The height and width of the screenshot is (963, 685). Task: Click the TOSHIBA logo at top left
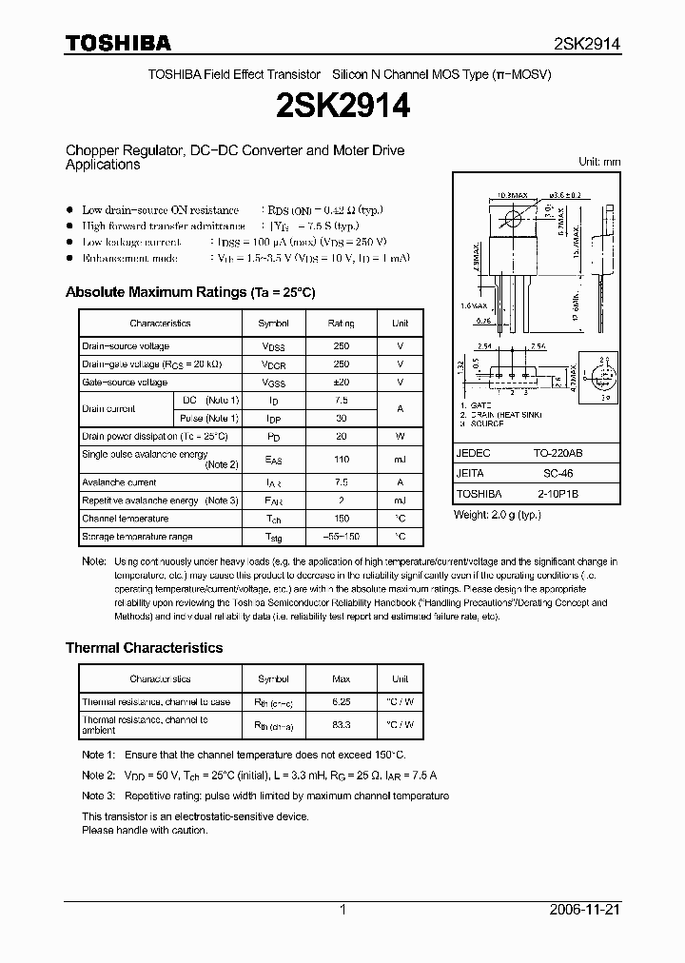pos(118,43)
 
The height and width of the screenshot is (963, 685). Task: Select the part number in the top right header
pos(587,44)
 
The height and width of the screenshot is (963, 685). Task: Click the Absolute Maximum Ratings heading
pos(189,292)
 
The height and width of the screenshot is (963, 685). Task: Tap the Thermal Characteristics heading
pos(144,647)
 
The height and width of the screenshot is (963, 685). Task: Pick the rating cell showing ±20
pos(342,383)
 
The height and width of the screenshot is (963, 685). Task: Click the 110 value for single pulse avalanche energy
pos(342,460)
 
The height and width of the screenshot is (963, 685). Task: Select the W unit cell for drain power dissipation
pos(401,436)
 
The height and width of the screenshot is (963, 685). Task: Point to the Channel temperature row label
pos(125,519)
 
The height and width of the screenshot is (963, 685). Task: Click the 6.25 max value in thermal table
pos(342,702)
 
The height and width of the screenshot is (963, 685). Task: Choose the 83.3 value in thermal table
pos(342,724)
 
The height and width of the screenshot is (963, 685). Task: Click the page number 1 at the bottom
pos(342,910)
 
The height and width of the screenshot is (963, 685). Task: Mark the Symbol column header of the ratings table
pos(274,324)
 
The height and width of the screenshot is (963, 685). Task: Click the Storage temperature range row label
pos(137,538)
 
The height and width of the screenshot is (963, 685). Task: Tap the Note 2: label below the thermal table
pos(98,776)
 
